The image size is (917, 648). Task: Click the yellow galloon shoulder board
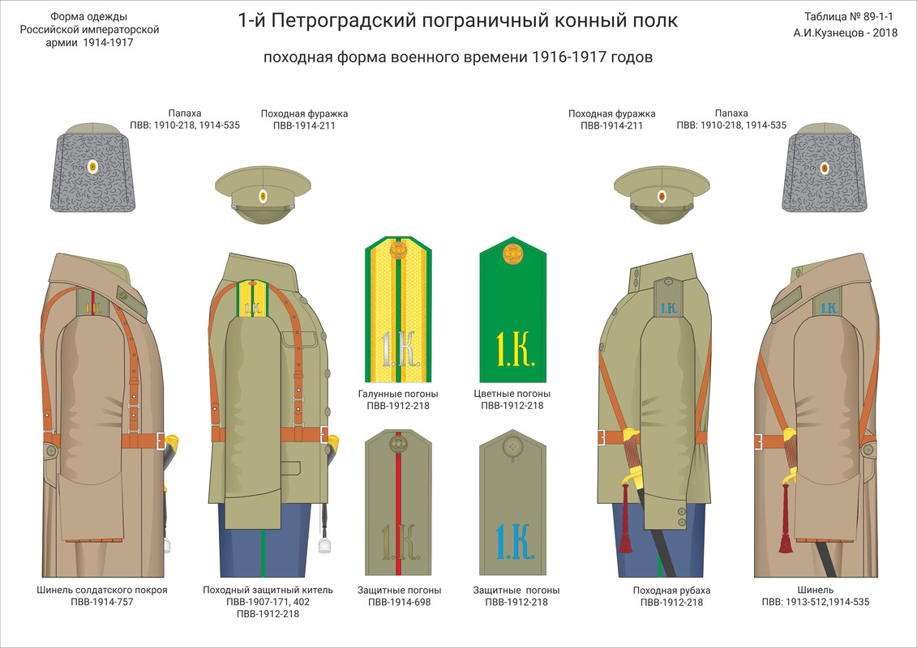pyautogui.click(x=397, y=312)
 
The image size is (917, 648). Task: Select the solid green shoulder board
pyautogui.click(x=512, y=312)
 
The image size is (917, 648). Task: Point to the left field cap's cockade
pyautogui.click(x=263, y=196)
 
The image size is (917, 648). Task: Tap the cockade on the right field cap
pyautogui.click(x=662, y=196)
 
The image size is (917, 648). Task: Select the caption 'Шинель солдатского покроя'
pyautogui.click(x=102, y=590)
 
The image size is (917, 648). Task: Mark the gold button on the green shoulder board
pyautogui.click(x=512, y=255)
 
